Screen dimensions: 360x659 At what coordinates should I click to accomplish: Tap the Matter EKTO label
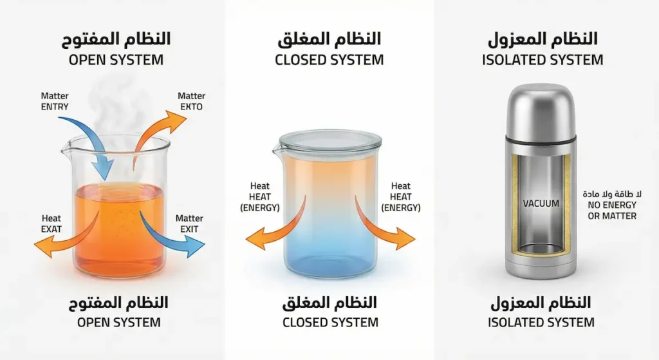point(191,101)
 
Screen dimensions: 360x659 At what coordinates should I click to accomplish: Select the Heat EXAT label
point(52,223)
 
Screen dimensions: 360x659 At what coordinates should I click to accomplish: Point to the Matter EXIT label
point(189,223)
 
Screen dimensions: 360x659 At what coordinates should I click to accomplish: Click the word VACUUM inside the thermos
point(541,204)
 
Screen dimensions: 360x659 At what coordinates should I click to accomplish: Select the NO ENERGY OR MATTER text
point(612,210)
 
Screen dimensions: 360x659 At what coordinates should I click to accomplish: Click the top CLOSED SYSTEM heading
point(329,60)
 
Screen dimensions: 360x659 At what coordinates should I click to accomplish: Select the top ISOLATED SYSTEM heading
point(542,60)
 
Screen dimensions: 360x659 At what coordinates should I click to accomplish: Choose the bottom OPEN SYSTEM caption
point(118,321)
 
